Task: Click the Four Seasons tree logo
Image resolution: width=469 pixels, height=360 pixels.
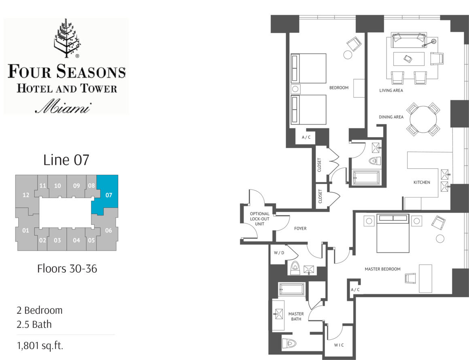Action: [67, 38]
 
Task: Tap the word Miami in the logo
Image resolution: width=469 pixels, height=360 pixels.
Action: [63, 107]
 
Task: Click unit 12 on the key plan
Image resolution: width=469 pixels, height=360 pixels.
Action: [26, 195]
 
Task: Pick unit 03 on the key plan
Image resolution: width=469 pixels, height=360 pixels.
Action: [57, 240]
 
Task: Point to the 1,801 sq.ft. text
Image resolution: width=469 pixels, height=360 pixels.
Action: [40, 346]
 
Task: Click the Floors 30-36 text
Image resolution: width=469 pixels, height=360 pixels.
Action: [67, 269]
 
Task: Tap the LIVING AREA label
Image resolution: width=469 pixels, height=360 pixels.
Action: [391, 90]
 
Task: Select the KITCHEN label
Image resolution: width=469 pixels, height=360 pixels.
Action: [422, 182]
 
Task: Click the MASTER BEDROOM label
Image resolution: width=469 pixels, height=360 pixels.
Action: [382, 269]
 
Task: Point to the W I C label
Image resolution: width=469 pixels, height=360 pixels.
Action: [339, 345]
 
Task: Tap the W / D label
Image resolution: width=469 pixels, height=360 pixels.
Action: [279, 253]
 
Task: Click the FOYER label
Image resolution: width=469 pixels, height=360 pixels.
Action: [300, 229]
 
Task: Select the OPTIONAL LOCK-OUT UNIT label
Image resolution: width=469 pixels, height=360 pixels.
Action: [260, 219]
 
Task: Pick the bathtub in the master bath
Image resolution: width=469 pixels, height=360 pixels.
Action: [292, 289]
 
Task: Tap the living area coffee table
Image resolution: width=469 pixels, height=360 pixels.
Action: [409, 59]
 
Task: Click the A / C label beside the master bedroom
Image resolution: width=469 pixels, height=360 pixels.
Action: [355, 290]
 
